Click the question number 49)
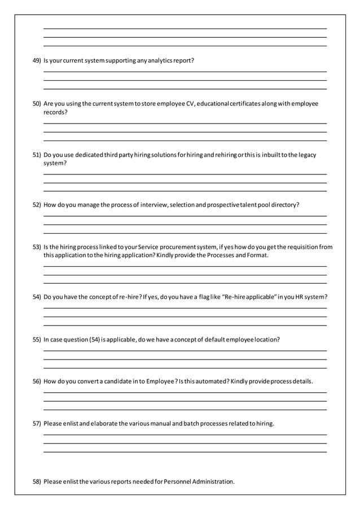pos(37,60)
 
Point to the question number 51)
pos(37,155)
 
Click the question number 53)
pos(37,247)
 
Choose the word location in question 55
pos(267,339)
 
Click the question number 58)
pos(37,481)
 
